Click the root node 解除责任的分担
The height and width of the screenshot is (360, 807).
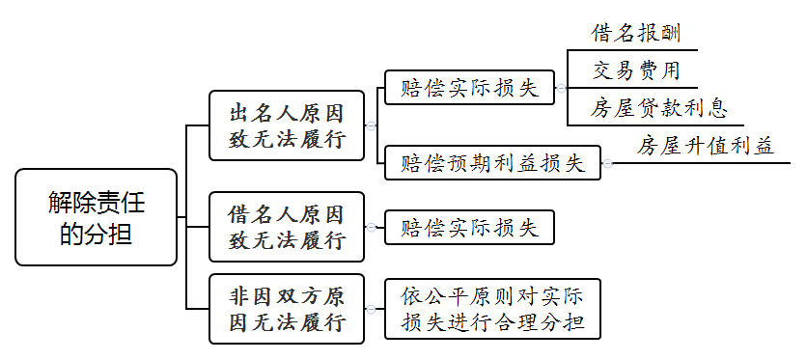[97, 217]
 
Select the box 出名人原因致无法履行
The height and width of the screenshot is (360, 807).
[287, 125]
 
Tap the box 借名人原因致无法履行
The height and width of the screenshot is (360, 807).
[287, 227]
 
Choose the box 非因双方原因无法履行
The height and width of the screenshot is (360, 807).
[287, 309]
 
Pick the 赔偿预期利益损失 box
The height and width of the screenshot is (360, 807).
[492, 163]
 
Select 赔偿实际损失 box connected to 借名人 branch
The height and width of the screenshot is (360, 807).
[469, 228]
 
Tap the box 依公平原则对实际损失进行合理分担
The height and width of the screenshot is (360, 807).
[492, 309]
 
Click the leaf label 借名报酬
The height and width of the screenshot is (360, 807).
[637, 34]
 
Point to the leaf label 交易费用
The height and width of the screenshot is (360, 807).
[637, 70]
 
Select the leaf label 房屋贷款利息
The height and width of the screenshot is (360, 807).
[660, 107]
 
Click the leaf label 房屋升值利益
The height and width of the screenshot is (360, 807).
[706, 146]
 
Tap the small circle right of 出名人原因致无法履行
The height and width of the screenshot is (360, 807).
[370, 125]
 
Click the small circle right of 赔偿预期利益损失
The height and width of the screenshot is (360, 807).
[607, 163]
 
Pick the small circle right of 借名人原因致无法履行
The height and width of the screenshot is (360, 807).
[370, 227]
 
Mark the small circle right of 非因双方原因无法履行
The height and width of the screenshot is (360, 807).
[370, 309]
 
